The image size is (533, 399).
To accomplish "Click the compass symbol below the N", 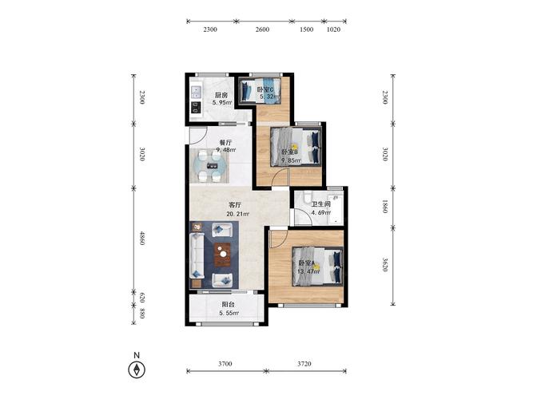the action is [137, 369].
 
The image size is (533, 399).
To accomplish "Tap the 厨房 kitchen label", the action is [221, 96].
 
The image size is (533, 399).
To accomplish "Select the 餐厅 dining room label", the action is [225, 143].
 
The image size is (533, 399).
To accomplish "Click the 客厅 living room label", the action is [235, 205].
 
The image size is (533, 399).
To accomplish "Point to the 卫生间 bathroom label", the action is [321, 204].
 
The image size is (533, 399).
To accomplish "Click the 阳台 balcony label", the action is [228, 305].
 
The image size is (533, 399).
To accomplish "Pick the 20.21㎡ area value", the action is [237, 214].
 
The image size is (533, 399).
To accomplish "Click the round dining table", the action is [209, 166].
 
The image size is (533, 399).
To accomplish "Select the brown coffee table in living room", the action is [222, 255].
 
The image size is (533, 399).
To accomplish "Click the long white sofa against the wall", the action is [197, 255].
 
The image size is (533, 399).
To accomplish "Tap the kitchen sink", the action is [196, 92].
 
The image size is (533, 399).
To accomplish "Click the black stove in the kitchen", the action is [196, 108].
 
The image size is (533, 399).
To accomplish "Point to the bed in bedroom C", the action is [260, 89].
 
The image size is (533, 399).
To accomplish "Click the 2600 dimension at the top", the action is [262, 30].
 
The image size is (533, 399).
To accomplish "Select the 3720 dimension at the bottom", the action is [304, 364].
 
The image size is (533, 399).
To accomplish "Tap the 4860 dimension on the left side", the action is [142, 238].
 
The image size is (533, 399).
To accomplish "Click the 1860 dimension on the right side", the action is [385, 207].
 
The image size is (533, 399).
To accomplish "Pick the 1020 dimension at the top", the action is [333, 30].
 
